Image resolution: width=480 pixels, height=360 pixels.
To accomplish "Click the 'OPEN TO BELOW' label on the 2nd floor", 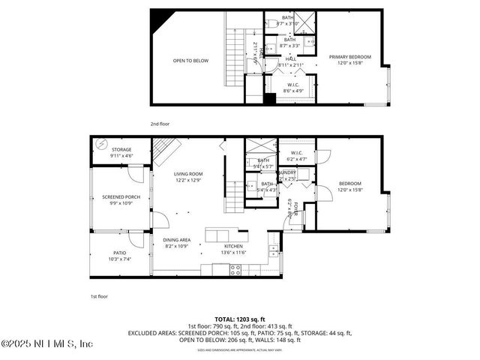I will click(x=190, y=61).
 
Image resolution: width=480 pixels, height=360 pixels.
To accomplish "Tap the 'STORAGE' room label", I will click(x=121, y=150).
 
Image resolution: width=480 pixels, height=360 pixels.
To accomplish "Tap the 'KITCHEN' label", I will click(x=235, y=246).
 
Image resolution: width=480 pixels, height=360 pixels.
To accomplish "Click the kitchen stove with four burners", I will click(x=235, y=271).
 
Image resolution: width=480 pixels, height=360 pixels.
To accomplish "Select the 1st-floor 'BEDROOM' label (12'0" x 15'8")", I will click(x=349, y=184).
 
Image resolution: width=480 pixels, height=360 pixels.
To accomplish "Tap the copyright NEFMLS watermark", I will click(x=46, y=343).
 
